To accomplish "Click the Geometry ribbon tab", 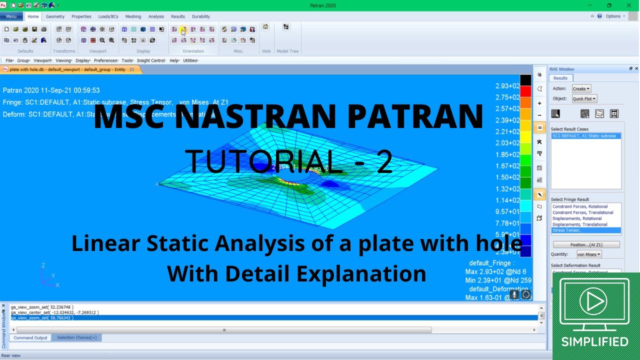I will [x=55, y=16].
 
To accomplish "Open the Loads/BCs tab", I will [x=108, y=16].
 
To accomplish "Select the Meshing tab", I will [x=133, y=16].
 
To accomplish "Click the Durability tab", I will [x=201, y=16].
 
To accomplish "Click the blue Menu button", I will [x=11, y=16].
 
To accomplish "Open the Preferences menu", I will [x=105, y=60].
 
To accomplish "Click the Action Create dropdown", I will [x=581, y=88].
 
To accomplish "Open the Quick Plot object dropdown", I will [x=584, y=99].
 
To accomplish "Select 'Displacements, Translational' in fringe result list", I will [x=579, y=224].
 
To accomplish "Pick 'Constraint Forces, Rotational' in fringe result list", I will [x=579, y=206].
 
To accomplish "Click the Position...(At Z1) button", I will [x=586, y=244].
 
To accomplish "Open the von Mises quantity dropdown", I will [x=588, y=254].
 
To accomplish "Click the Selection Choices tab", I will [x=77, y=337].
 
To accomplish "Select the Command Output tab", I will [x=30, y=337].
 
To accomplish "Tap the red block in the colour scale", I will [x=525, y=91].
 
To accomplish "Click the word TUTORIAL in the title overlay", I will [x=260, y=161].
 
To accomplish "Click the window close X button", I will [x=628, y=5].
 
